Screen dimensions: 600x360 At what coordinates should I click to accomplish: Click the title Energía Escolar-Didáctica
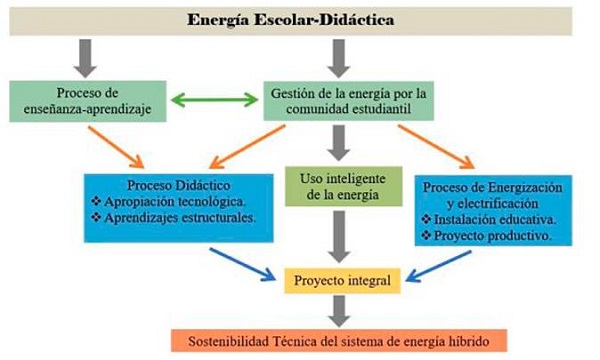pyautogui.click(x=299, y=20)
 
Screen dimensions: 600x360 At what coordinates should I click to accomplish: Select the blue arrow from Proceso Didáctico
pyautogui.click(x=245, y=261)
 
